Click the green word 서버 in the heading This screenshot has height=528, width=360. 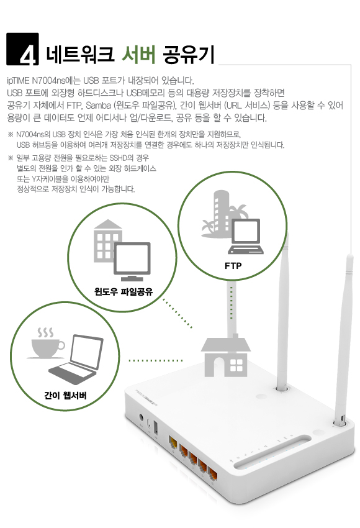(138, 54)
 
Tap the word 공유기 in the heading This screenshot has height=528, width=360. (189, 55)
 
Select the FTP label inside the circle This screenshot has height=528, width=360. (233, 266)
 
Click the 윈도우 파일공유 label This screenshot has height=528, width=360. (123, 291)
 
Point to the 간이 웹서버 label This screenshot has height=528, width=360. (65, 395)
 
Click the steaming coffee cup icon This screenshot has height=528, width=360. (47, 343)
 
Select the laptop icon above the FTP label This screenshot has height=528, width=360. (246, 237)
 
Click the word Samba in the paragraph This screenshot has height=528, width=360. (98, 106)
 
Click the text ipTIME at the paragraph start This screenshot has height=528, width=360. (18, 81)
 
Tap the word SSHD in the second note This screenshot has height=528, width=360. (118, 158)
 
